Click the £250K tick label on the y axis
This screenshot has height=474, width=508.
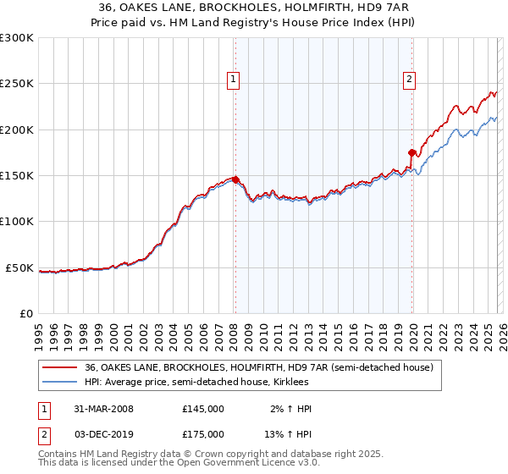pyautogui.click(x=17, y=84)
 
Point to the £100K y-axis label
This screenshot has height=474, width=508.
pyautogui.click(x=17, y=221)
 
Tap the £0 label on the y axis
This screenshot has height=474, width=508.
pyautogui.click(x=26, y=313)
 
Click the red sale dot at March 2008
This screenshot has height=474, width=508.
pyautogui.click(x=236, y=179)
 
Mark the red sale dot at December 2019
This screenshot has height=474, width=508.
pyautogui.click(x=412, y=152)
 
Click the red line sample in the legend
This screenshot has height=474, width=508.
pyautogui.click(x=60, y=368)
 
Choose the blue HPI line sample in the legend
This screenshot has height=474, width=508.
pyautogui.click(x=60, y=383)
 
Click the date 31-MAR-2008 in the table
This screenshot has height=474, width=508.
pyautogui.click(x=104, y=409)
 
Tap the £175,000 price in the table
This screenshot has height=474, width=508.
pyautogui.click(x=203, y=433)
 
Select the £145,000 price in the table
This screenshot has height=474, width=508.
pyautogui.click(x=203, y=409)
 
